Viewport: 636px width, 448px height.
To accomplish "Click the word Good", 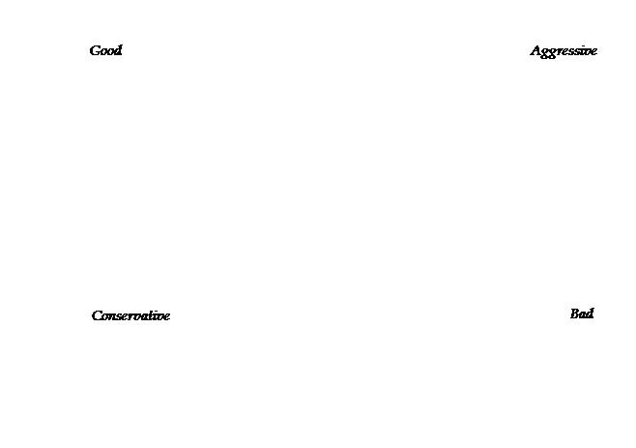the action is click(106, 50).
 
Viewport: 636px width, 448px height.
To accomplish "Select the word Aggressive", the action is click(564, 51).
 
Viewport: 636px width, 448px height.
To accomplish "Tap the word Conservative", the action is click(130, 315).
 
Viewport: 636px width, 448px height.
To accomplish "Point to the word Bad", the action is click(582, 314).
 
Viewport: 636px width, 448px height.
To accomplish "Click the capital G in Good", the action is click(95, 50).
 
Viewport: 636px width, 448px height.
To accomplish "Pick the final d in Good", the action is click(117, 50).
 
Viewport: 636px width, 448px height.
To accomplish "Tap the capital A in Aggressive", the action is click(535, 50).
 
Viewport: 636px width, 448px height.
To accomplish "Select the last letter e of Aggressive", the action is click(593, 52).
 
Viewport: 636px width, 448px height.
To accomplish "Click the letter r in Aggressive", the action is click(560, 52).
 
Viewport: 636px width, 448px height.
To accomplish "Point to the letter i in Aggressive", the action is click(583, 51).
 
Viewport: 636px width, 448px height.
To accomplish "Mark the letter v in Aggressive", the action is click(588, 52).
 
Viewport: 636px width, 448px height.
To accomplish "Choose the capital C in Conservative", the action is click(98, 315).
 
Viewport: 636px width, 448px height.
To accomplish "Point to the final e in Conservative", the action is click(166, 317).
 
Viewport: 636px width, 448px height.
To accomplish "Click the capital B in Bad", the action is click(575, 314).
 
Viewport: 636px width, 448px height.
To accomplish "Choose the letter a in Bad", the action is click(583, 315).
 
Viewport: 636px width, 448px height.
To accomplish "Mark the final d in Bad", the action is click(590, 314).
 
